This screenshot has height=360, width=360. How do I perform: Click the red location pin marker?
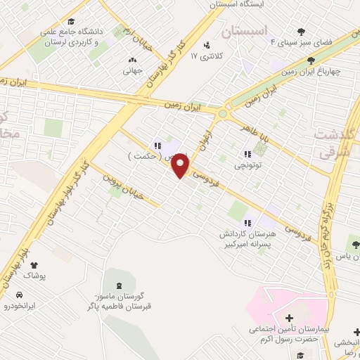tap(181, 165)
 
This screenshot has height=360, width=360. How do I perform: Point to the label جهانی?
tap(133, 70)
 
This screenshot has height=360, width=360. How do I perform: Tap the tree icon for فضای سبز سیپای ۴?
tap(302, 31)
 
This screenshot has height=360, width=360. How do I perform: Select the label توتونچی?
tap(247, 166)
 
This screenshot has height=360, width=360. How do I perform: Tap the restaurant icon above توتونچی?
tap(247, 154)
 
